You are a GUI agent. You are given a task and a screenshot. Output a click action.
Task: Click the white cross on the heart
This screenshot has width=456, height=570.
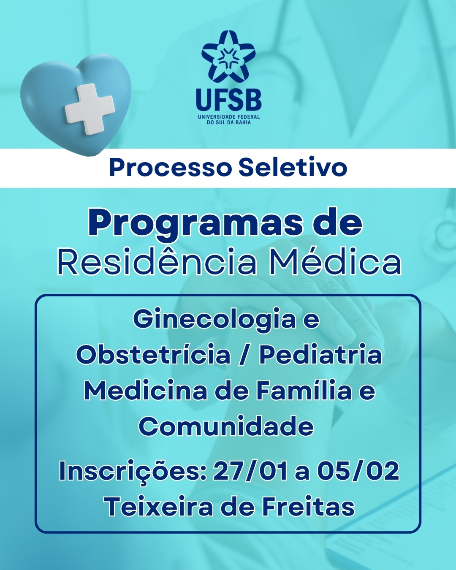90,109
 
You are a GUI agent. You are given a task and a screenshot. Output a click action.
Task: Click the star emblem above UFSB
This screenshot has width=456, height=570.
228,57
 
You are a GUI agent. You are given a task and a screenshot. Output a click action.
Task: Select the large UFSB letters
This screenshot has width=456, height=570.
228,100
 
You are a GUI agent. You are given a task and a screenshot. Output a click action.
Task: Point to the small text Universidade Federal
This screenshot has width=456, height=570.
228,117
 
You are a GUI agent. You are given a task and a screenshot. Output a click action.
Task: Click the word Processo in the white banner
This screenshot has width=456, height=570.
171,168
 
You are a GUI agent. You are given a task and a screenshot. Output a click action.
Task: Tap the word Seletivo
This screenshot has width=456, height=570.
293,168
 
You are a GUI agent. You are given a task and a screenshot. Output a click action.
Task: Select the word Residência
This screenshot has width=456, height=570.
157,263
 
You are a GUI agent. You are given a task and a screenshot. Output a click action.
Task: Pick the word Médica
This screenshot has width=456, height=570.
335,263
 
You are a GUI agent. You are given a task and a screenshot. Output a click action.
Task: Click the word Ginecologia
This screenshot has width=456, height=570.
214,319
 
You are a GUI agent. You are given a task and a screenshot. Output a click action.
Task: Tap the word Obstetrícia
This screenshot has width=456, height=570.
153,355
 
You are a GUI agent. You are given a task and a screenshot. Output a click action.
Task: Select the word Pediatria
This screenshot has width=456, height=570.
320,355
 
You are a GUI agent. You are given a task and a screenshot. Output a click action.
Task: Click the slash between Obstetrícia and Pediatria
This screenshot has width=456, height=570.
244,356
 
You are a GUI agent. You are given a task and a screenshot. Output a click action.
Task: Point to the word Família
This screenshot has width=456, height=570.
304,391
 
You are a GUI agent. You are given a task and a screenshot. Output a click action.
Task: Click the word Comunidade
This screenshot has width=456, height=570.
226,426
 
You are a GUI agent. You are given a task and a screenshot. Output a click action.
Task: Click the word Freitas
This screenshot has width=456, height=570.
308,507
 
